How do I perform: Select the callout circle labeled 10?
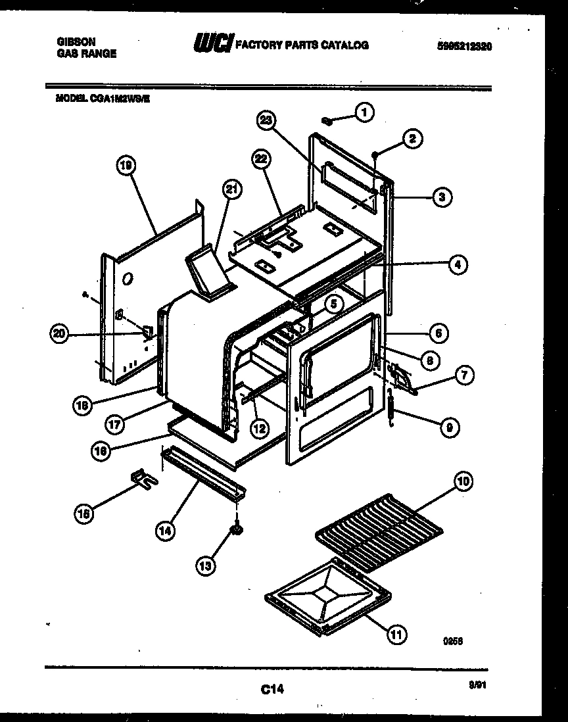463,483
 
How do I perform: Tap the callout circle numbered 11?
396,634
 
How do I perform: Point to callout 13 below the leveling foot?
206,564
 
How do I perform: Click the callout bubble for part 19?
126,168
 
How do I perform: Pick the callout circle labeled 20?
61,334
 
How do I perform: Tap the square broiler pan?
327,596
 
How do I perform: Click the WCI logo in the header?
212,44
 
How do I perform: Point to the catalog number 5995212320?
464,46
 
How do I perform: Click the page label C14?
272,689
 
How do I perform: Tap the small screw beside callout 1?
327,120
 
